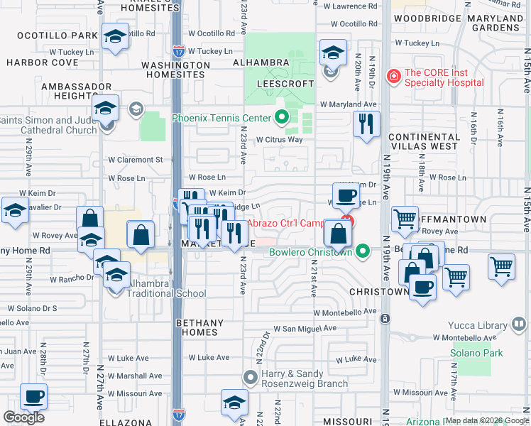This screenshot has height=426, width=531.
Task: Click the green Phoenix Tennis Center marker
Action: (x=282, y=118)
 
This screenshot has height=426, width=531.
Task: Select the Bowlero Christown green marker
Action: (x=363, y=251)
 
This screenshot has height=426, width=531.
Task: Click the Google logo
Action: (x=23, y=417)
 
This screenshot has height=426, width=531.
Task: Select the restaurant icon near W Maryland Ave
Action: (x=366, y=124)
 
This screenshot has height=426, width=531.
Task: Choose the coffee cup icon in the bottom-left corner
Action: (x=33, y=395)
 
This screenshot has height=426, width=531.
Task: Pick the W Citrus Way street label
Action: (x=280, y=139)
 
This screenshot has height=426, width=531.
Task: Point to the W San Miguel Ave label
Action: (x=305, y=329)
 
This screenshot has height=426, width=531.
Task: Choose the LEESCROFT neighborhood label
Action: (x=280, y=83)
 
